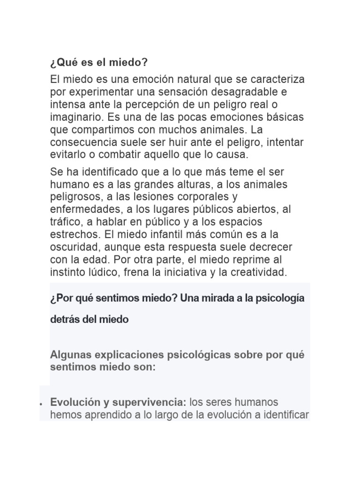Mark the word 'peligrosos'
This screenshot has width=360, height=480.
point(74,197)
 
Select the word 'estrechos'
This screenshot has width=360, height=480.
point(71,234)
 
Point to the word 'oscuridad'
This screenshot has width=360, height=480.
point(72,247)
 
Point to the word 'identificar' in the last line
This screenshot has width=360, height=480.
point(286,414)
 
